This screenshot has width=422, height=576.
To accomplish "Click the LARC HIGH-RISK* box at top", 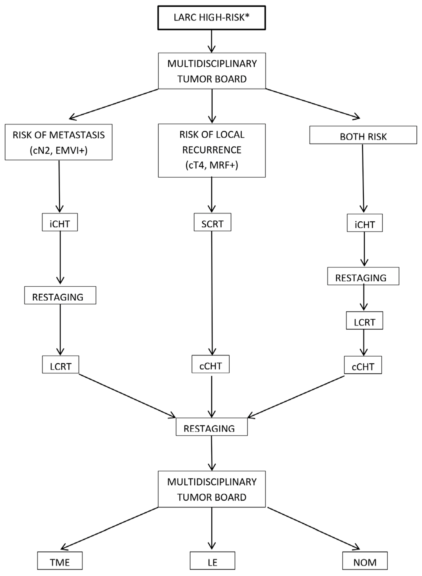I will click(x=211, y=18).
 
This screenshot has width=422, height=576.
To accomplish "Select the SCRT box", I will click(x=212, y=222).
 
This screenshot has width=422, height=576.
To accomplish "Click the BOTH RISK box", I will click(x=363, y=135).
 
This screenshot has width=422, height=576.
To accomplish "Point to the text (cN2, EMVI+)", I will click(x=59, y=150).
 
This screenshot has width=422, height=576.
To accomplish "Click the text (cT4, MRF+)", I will click(x=212, y=165).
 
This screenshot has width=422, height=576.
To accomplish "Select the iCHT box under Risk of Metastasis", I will click(x=60, y=222).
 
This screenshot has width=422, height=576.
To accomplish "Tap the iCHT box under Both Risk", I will click(x=365, y=223).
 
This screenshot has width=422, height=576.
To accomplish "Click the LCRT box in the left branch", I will click(x=61, y=365).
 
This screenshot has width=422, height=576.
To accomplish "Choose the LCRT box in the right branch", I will click(x=364, y=321).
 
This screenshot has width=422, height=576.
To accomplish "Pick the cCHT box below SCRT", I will click(x=211, y=364).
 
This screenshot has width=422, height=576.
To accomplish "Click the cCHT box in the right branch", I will click(x=363, y=365).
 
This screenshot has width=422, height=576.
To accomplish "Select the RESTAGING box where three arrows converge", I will click(x=211, y=427).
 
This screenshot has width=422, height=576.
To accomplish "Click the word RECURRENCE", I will click(x=212, y=150).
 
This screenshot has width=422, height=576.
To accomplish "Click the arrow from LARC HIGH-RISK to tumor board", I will click(x=212, y=41).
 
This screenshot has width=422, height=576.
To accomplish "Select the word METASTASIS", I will click(x=77, y=135).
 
